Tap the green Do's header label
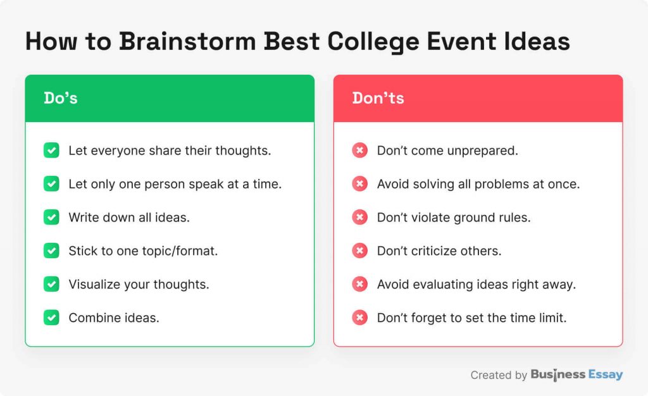(61, 98)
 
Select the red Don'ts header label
(378, 98)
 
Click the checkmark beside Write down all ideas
(51, 217)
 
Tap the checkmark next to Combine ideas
(51, 318)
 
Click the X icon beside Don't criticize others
(359, 251)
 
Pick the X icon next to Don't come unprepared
(359, 151)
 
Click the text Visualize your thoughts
(139, 284)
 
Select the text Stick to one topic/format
(143, 251)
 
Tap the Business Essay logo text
(576, 374)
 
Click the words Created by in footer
(498, 375)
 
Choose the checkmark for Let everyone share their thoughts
(51, 151)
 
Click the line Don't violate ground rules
(454, 217)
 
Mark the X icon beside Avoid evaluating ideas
(359, 284)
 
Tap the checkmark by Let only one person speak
(51, 184)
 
